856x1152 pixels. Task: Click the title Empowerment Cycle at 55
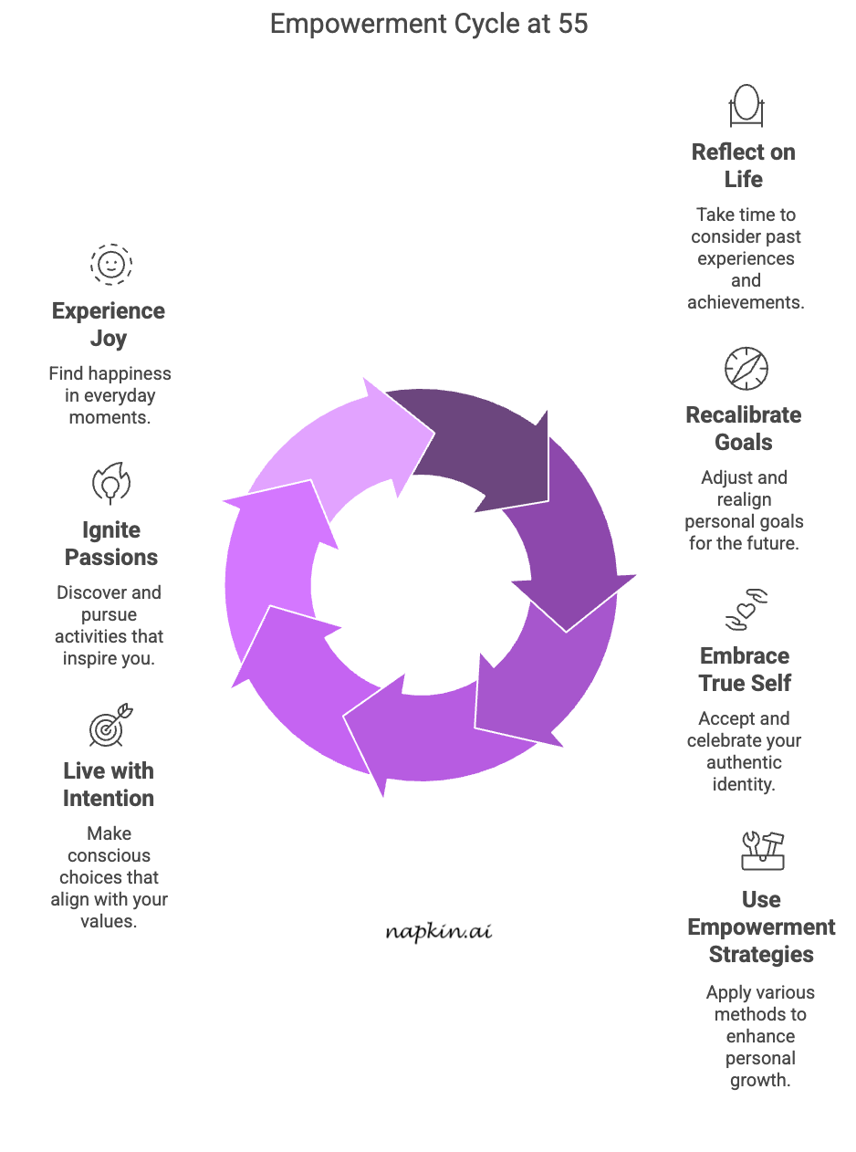(429, 24)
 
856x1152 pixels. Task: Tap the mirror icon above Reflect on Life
(746, 105)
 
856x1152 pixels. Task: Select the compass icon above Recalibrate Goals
(746, 369)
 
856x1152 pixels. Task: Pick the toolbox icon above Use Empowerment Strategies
(762, 850)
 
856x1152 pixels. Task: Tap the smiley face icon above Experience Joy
(110, 265)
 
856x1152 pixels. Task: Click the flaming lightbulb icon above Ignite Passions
(110, 484)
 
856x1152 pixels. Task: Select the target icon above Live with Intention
(110, 727)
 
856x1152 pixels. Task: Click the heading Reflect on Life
(744, 165)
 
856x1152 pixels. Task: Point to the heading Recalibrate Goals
(744, 428)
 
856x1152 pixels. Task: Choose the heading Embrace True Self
(745, 669)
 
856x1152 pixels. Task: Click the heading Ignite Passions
(111, 543)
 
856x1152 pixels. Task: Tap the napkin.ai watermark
(438, 932)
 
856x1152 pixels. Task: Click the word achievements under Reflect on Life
(746, 302)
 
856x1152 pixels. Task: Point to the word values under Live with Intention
(109, 921)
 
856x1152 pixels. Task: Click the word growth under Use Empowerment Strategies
(759, 1080)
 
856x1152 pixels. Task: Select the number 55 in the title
(573, 24)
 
